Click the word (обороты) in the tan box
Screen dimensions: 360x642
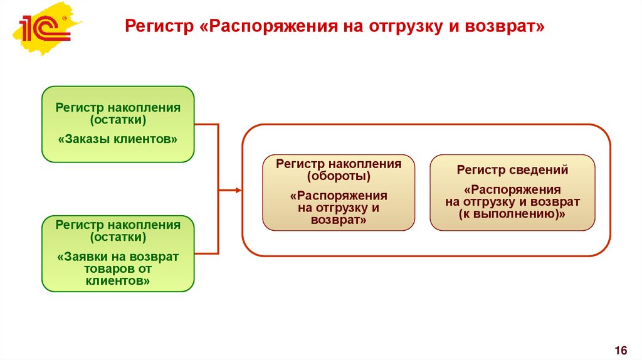pos(339,176)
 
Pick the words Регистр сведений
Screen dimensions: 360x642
pos(512,169)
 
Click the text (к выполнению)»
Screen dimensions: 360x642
pos(512,214)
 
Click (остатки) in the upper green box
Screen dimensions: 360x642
pos(118,119)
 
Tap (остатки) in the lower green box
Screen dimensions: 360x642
pos(118,237)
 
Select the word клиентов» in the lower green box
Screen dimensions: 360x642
pos(118,281)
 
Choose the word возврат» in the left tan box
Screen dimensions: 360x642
pos(339,220)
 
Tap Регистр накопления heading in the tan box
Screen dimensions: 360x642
pos(339,164)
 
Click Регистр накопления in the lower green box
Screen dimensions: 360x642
pos(118,225)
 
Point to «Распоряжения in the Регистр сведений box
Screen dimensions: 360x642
pos(512,189)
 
